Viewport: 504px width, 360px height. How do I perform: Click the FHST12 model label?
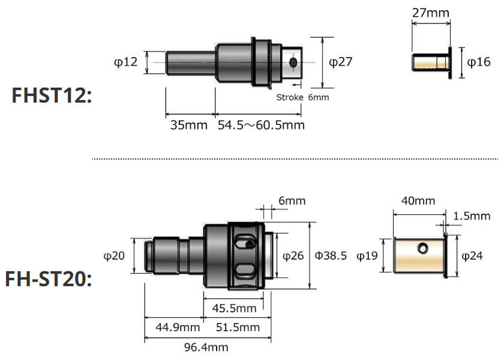point(52,95)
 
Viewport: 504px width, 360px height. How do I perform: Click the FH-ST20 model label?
point(49,280)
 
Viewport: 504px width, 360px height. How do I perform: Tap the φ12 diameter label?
point(125,62)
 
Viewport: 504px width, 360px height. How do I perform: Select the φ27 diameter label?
point(341,62)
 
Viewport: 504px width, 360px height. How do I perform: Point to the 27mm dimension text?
point(430,11)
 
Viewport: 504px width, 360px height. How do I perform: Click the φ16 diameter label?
point(479,62)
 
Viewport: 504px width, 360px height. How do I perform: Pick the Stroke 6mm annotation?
point(302,97)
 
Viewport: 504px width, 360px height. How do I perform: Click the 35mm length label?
point(188,125)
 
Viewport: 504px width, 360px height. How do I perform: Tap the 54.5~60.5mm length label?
point(261,125)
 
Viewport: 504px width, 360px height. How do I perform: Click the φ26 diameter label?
point(292,256)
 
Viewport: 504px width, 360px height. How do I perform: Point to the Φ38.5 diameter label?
point(331,256)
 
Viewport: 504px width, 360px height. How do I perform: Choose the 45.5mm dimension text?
point(235,308)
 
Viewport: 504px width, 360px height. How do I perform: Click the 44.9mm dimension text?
point(178,327)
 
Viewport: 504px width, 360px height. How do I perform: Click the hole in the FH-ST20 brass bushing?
point(424,247)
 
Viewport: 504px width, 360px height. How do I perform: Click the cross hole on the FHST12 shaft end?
point(293,62)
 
